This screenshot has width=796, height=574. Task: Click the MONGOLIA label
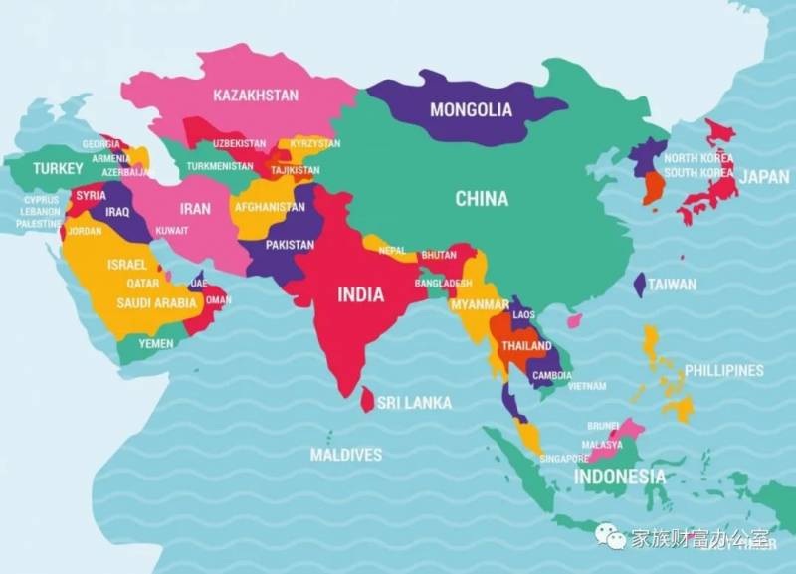tap(471, 109)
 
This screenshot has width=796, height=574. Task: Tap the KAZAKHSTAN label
tap(256, 96)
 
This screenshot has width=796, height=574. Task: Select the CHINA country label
tap(482, 198)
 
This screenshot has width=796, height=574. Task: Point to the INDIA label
tap(360, 293)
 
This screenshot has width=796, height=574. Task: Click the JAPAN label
tap(764, 176)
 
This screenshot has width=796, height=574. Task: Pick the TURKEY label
tap(58, 168)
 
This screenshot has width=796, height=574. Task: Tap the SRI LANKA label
tap(419, 403)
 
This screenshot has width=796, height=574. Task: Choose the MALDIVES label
tap(345, 455)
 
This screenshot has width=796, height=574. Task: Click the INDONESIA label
tap(619, 476)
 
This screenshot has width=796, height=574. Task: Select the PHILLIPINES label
tap(724, 370)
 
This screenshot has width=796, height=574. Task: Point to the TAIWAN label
tap(673, 284)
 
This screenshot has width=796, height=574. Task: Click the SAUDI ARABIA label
tap(156, 302)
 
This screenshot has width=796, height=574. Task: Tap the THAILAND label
tap(526, 345)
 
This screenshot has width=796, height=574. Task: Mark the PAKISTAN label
tap(290, 244)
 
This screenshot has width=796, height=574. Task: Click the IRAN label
tap(195, 209)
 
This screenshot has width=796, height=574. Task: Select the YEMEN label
tap(155, 343)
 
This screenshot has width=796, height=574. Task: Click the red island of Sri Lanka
tap(367, 400)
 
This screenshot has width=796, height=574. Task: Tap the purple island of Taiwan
tap(639, 285)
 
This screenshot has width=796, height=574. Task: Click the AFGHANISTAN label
tap(270, 207)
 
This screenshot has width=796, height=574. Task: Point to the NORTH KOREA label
tap(698, 158)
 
